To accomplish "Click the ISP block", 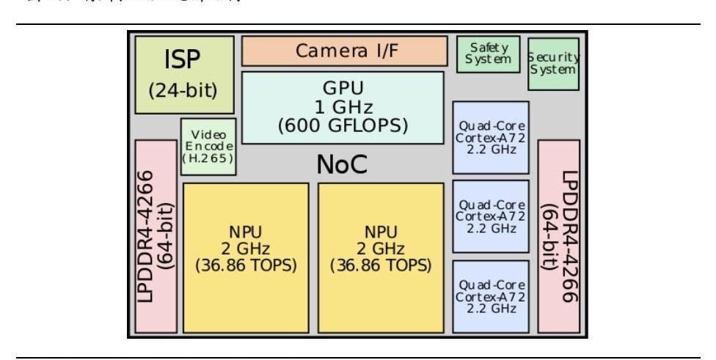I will pos(185,74).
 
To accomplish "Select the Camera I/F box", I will pos(343,51).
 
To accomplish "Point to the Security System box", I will pos(553,64).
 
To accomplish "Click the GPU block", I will pos(343,107).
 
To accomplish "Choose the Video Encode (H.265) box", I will pos(208,147).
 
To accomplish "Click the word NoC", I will pos(342,166).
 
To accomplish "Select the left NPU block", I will pos(246,257).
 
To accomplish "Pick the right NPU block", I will pos(381,257).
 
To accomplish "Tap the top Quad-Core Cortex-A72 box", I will pos(491,137).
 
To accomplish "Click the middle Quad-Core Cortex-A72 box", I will pos(491,216).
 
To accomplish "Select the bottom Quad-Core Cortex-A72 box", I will pos(491,295).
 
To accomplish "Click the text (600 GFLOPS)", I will pos(343,125).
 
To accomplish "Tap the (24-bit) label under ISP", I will pos(184,92).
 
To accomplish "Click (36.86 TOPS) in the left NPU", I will pos(246,265).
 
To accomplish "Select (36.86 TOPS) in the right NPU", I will pos(381,265).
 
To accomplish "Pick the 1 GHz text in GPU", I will pos(343,107).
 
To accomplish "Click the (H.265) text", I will pos(208,158).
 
